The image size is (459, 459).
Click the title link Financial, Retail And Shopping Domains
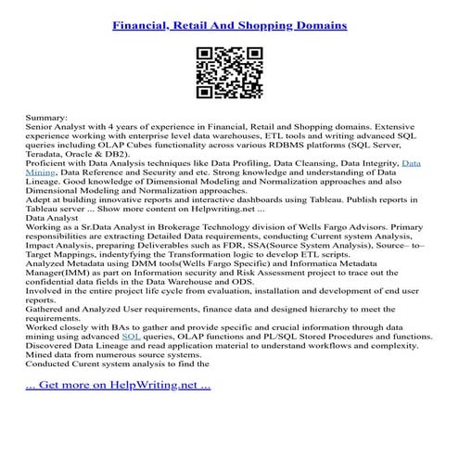(229, 26)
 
